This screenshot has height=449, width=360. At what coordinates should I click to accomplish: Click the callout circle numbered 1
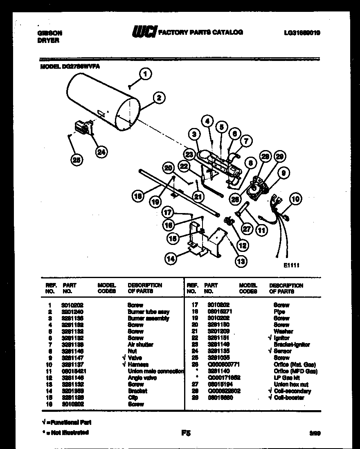[x=144, y=74]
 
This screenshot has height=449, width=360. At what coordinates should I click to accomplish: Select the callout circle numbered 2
[x=159, y=97]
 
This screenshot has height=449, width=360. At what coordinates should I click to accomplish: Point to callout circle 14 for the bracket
[x=171, y=258]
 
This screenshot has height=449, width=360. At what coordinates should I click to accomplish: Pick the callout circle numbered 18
[x=138, y=196]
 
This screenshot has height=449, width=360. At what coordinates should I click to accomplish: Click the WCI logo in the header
[x=144, y=32]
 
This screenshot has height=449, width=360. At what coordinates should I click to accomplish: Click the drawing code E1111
[x=291, y=265]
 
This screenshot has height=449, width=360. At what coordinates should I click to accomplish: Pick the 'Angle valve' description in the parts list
[x=140, y=378]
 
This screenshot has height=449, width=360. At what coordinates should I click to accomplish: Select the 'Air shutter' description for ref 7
[x=140, y=345]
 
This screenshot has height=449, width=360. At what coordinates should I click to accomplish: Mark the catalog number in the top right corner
[x=301, y=32]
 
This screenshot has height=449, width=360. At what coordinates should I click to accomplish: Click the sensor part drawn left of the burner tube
[x=82, y=128]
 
